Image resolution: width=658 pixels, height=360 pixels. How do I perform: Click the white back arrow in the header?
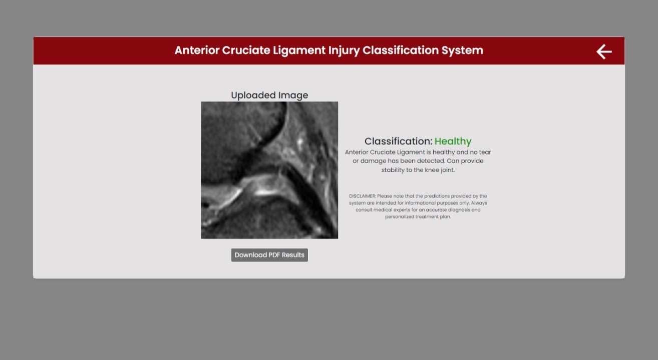pos(604,52)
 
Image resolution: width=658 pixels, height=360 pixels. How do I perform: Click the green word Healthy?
pos(453,141)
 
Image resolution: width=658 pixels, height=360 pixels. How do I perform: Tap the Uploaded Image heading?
pos(269,95)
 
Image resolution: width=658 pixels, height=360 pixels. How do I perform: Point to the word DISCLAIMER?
pos(362,196)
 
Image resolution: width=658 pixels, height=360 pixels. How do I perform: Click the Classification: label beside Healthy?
pos(398,141)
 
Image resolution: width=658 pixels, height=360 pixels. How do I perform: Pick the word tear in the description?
pos(485,152)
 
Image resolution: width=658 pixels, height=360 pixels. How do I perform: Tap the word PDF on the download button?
pos(274,255)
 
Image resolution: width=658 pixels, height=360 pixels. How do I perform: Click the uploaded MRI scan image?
pos(269,170)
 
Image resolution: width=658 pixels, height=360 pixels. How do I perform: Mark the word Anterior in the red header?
pos(196,51)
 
